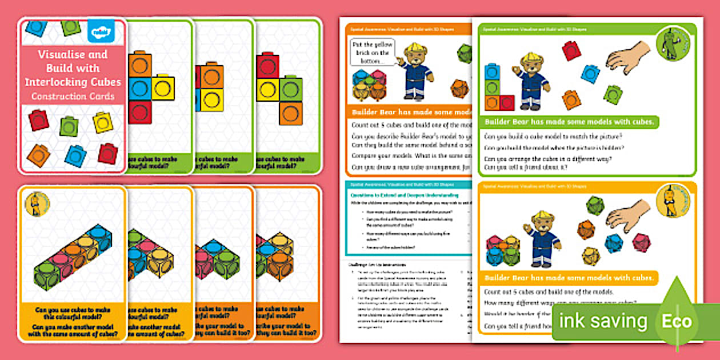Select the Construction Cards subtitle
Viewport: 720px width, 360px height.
73,96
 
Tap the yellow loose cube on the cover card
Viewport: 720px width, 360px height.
103,122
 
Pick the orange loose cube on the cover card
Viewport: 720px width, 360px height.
38,155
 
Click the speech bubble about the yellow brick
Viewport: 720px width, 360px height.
371,53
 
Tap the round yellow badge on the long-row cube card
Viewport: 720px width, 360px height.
38,204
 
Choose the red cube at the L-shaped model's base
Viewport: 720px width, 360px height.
506,103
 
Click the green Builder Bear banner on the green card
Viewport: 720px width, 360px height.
570,122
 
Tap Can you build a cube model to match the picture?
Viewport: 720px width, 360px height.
553,137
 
